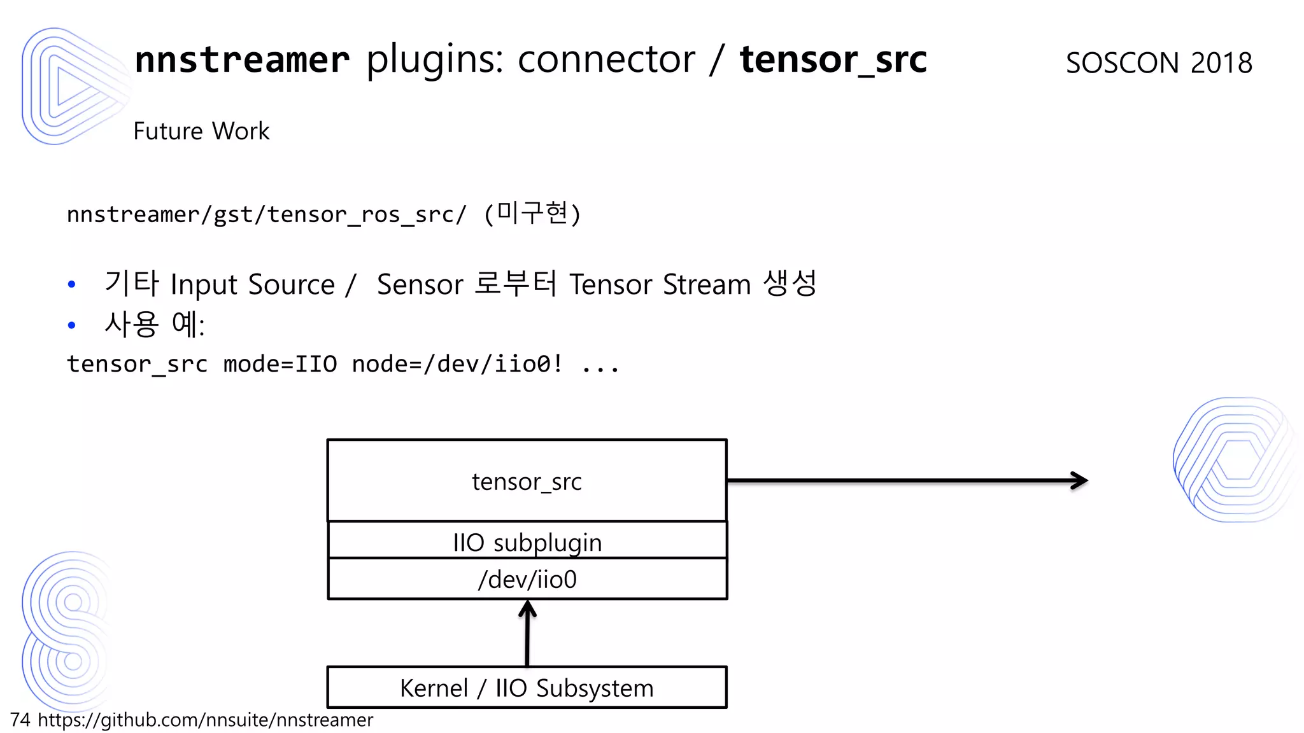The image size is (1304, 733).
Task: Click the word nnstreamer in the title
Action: click(x=242, y=60)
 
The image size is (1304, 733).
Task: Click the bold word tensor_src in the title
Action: click(x=833, y=60)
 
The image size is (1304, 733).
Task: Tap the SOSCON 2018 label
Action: click(x=1159, y=63)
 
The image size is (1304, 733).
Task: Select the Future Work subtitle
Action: click(x=201, y=131)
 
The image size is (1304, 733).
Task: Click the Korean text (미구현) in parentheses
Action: click(x=532, y=213)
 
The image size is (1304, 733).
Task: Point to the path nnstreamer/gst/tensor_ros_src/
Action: click(x=267, y=214)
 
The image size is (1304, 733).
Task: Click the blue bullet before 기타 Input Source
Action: click(x=72, y=284)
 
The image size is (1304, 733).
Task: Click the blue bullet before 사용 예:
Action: click(x=72, y=325)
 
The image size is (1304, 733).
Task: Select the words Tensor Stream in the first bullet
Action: click(x=660, y=284)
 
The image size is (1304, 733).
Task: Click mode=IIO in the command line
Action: click(x=280, y=364)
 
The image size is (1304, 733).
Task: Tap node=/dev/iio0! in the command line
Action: click(x=457, y=364)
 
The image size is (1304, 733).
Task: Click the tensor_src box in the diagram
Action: click(x=527, y=481)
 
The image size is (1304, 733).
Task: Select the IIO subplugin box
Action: click(x=527, y=541)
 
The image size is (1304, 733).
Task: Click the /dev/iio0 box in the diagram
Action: click(x=527, y=579)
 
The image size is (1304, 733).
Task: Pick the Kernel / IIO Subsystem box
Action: click(x=527, y=688)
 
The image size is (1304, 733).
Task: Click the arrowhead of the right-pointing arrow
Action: click(x=1080, y=480)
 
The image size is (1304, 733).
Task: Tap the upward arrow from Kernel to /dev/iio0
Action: click(x=527, y=636)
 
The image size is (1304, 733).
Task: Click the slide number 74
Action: click(x=20, y=720)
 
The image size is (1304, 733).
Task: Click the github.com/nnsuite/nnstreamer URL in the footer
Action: click(x=205, y=720)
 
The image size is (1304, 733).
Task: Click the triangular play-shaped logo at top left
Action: click(x=70, y=86)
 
